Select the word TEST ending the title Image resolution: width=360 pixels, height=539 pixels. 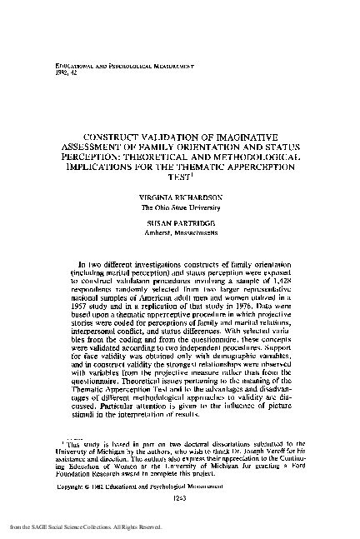coord(177,177)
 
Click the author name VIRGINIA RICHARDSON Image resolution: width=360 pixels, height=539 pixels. coord(180,199)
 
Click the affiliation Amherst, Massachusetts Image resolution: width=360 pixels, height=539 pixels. coord(180,236)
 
